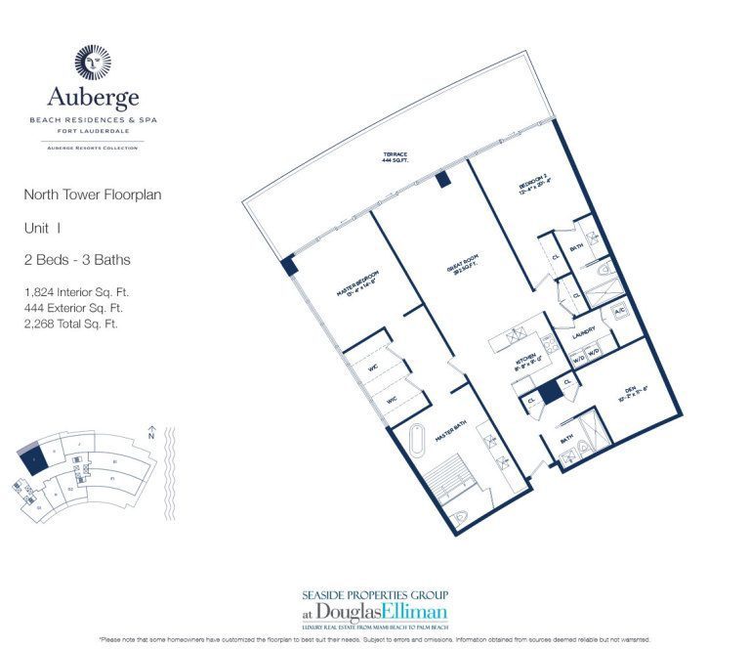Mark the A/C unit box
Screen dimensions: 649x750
click(619, 310)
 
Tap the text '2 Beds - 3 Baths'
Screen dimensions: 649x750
click(76, 260)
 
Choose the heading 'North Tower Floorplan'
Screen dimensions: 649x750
click(92, 195)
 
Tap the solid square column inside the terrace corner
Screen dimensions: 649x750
click(289, 265)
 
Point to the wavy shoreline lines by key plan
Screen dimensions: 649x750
click(163, 469)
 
